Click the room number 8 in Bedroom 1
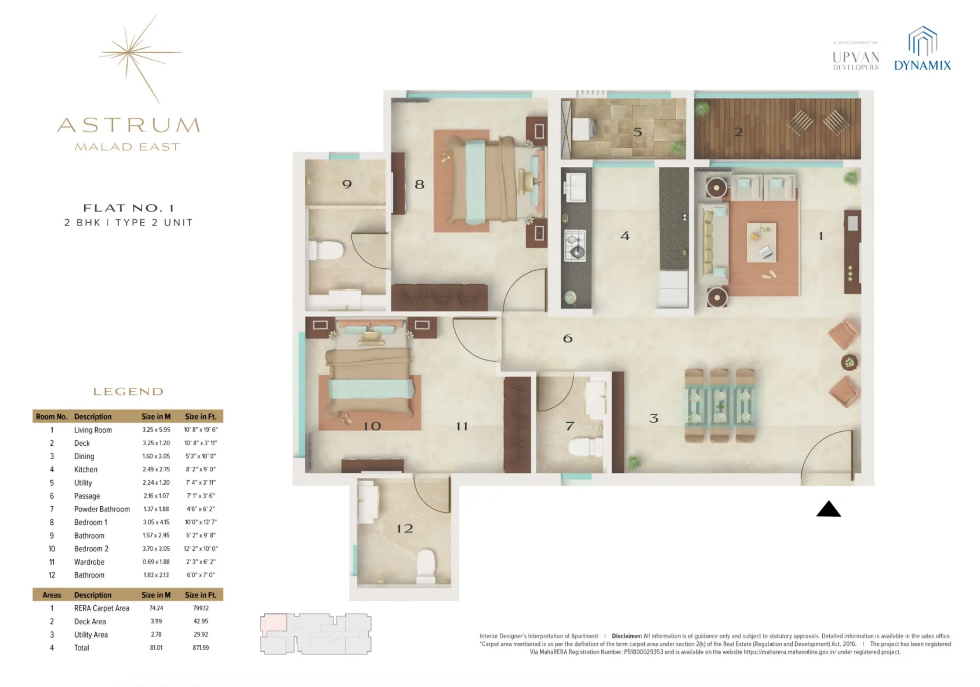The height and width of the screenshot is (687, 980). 419,184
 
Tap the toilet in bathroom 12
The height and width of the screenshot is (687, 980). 426,565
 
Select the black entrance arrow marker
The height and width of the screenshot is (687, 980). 828,509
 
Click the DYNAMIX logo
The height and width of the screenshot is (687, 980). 922,49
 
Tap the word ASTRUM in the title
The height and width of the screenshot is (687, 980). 129,125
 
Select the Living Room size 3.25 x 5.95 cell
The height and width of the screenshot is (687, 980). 156,430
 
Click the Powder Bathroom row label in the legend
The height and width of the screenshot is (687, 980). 101,509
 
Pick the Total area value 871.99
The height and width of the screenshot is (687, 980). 201,648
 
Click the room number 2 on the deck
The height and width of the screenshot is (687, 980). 738,132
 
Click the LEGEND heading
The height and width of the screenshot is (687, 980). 128,392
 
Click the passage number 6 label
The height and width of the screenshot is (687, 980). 568,338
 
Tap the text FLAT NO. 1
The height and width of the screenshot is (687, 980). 128,208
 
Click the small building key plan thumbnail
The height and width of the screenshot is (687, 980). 315,634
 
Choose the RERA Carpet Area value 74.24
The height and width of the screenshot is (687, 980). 156,608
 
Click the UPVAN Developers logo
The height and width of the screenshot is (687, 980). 856,58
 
